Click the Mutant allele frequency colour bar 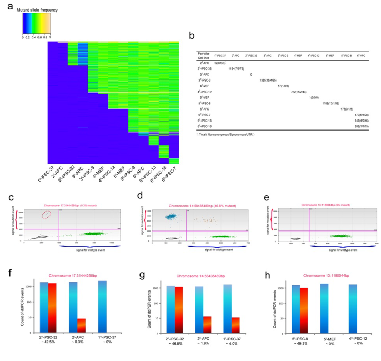click(x=36, y=24)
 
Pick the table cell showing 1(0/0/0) click(x=314, y=97)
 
